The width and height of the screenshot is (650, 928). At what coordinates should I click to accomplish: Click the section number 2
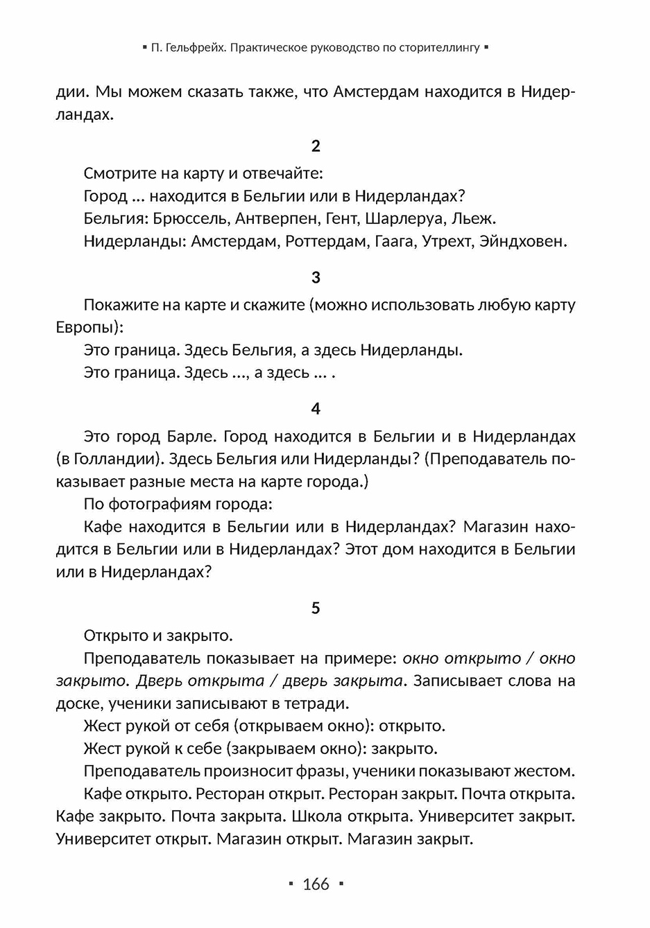(x=316, y=146)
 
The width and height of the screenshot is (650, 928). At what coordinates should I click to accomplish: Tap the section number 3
(x=316, y=277)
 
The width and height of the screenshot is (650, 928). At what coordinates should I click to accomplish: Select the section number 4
(x=316, y=409)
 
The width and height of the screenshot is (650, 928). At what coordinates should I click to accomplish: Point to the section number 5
(x=316, y=608)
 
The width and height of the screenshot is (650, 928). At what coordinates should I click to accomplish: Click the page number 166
(x=316, y=884)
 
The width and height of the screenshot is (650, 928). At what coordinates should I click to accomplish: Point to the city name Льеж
(x=473, y=219)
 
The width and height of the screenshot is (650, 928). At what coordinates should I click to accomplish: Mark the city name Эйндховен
(x=522, y=242)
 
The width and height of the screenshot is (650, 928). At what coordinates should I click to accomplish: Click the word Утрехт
(x=448, y=242)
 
